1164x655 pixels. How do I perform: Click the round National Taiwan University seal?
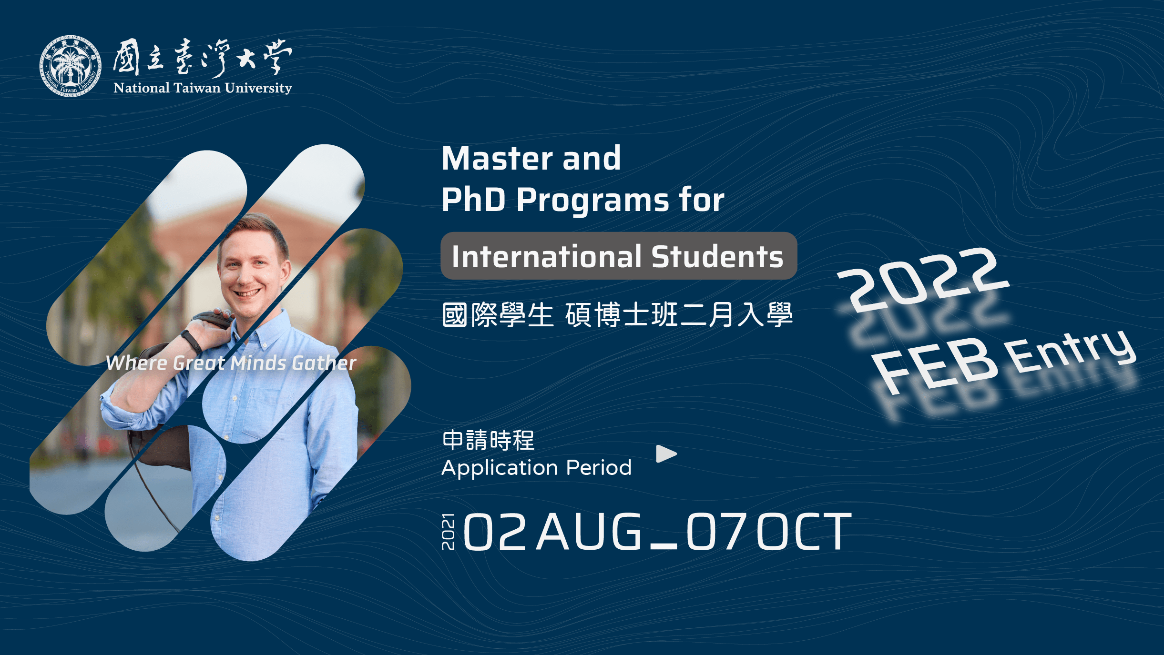coord(70,66)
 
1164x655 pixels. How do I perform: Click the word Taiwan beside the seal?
coord(197,88)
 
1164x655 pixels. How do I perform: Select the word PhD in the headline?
coord(473,199)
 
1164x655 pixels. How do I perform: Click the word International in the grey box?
coord(547,257)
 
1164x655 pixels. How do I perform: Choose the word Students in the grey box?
coord(717,257)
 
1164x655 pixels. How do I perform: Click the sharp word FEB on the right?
coord(934,365)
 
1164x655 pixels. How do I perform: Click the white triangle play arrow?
coord(666,454)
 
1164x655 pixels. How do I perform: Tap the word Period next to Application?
coord(599,467)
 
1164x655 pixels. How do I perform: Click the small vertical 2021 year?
coord(448,532)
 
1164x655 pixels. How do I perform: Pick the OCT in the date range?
coord(804,532)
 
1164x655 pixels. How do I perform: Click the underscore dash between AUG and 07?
coord(664,547)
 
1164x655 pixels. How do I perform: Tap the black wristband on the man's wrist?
coord(191,341)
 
